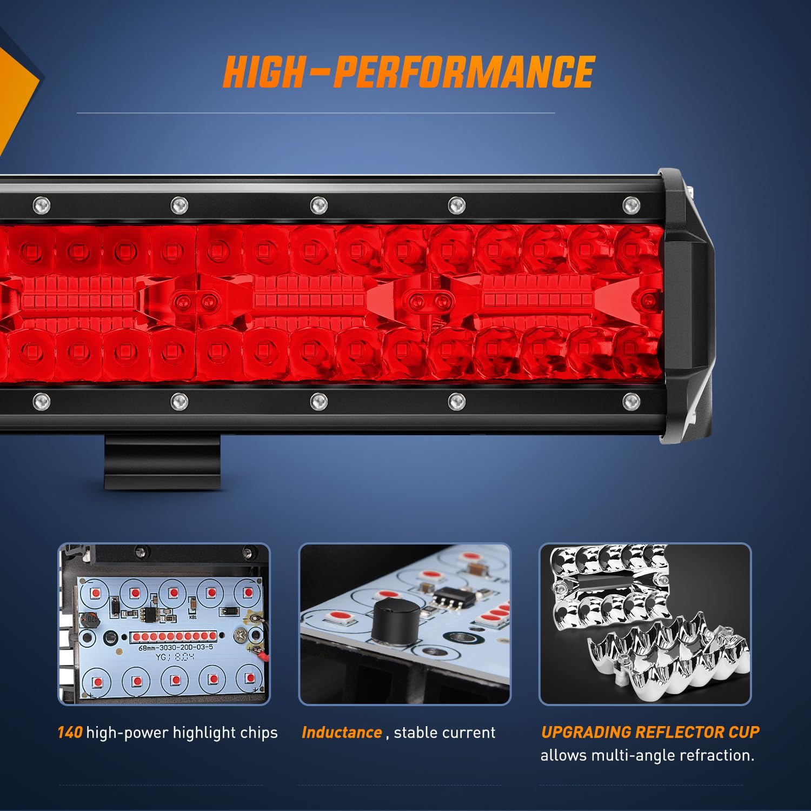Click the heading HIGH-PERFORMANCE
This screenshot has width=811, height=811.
click(409, 72)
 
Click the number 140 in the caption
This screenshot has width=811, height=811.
click(69, 733)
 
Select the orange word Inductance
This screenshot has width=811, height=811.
click(342, 733)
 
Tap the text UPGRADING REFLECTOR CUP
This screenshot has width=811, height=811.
click(650, 732)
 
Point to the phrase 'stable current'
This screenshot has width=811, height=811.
click(444, 733)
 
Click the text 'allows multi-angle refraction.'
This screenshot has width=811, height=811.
click(647, 755)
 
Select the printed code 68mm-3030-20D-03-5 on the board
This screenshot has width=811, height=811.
click(176, 647)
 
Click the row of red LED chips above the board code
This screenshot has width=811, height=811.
click(173, 636)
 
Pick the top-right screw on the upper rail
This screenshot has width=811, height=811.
click(631, 205)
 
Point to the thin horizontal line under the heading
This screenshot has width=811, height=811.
click(316, 113)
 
